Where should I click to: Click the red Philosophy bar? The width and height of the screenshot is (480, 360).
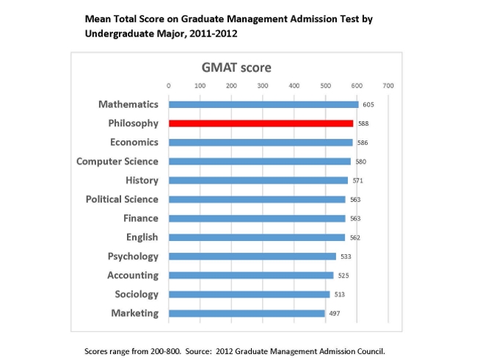pos(261,123)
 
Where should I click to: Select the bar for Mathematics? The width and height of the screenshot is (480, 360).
pos(263,104)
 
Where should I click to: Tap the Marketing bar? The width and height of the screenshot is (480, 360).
pos(247,313)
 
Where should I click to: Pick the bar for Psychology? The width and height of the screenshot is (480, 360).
pos(252,256)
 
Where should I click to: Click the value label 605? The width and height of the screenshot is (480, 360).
pos(368,105)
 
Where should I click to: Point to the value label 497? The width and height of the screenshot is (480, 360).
pos(335,314)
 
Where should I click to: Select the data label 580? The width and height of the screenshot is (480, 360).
pos(361,162)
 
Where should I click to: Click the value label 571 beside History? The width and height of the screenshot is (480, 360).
pos(357,181)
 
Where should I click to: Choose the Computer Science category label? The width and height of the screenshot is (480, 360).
pos(117,162)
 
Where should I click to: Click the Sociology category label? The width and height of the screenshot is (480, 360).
pos(137,295)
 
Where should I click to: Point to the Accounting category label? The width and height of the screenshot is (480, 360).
pos(133,276)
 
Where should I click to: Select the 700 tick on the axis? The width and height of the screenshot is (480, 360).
pos(388,86)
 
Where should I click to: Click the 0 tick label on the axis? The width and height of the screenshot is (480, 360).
pos(169,86)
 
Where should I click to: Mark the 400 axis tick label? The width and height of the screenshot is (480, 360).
pos(294,86)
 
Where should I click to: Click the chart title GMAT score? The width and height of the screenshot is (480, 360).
pos(236,68)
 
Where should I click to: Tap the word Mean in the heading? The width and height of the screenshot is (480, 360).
pos(97,19)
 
